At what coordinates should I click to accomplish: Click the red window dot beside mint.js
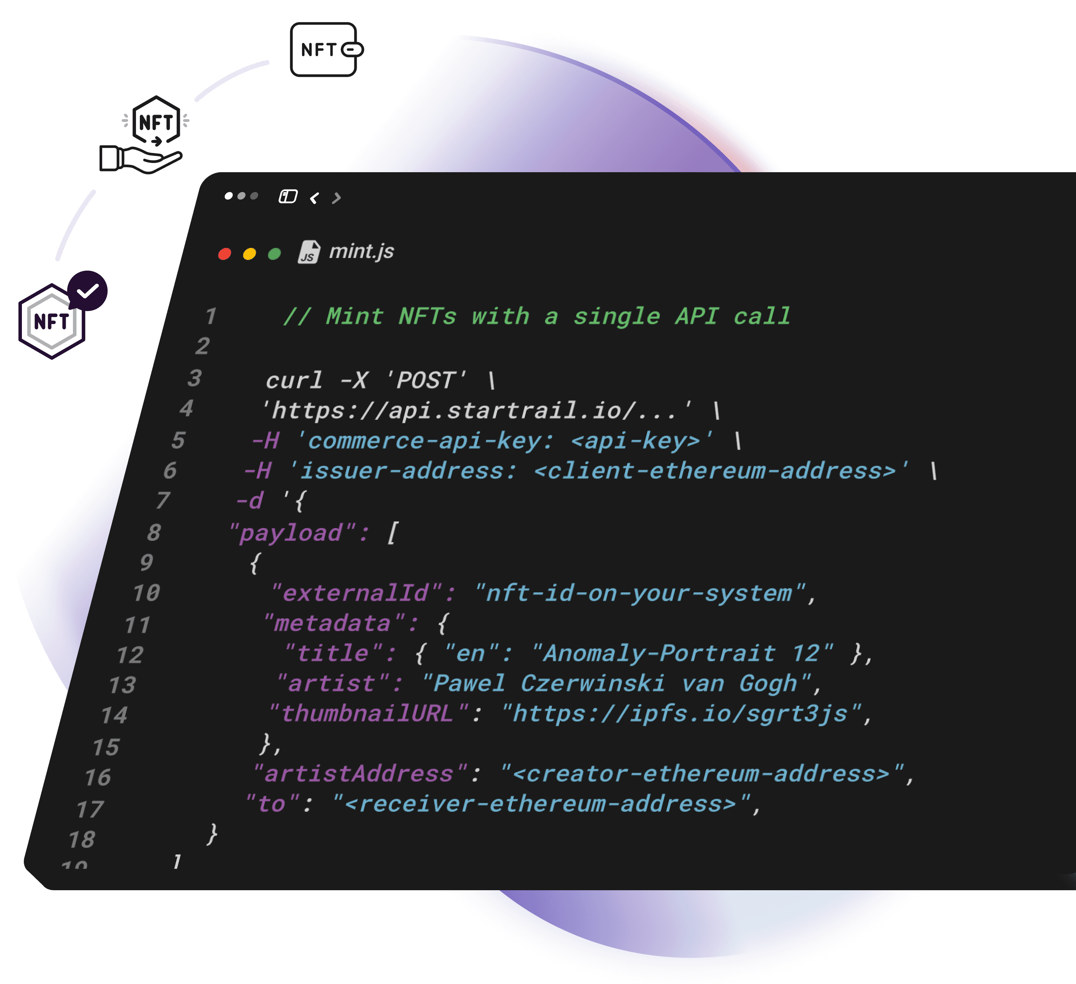225,254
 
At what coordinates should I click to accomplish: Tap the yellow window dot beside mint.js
249,254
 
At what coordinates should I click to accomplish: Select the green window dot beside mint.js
274,254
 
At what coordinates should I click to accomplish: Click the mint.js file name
361,251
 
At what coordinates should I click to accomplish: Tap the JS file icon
309,252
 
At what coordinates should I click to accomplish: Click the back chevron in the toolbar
314,198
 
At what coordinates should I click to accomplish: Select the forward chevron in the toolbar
336,198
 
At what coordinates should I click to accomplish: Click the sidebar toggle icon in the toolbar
288,196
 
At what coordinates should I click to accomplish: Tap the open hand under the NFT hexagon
141,159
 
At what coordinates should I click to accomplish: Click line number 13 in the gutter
123,685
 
